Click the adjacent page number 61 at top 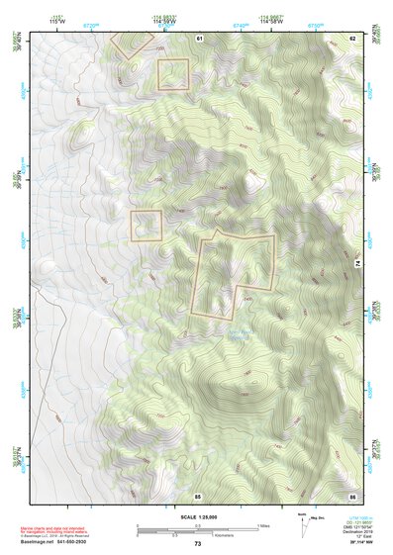[x=199, y=38]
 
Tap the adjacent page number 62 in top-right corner [x=351, y=38]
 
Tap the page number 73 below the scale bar [x=197, y=544]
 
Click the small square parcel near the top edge [x=173, y=73]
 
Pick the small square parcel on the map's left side [x=147, y=225]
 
